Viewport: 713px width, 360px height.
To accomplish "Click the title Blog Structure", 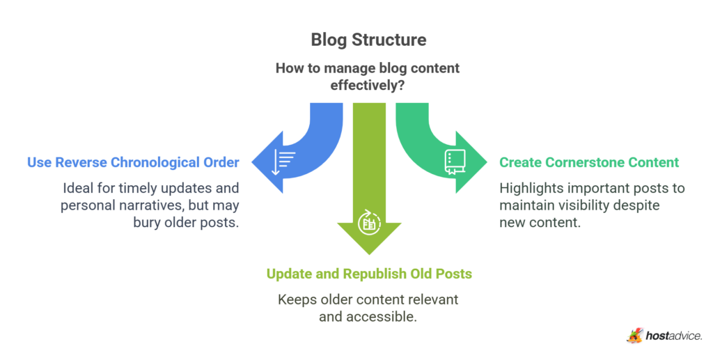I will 368,40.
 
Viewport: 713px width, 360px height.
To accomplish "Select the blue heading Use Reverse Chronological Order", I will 133,162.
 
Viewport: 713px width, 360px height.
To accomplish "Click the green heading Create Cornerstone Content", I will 589,162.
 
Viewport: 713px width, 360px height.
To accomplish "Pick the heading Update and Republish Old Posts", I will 369,274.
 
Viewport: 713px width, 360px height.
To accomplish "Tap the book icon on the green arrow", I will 453,162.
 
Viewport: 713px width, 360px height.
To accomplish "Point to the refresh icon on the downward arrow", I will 368,224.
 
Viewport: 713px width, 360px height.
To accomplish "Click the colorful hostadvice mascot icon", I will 634,336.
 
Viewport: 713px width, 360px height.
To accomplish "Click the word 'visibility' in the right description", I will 584,205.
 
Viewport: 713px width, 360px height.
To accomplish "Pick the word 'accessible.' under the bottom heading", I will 391,317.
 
